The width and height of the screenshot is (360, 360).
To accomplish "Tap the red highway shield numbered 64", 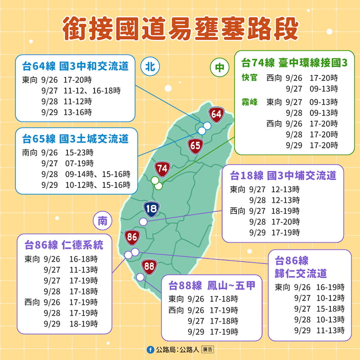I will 216,114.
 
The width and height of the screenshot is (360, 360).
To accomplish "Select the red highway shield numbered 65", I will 195,146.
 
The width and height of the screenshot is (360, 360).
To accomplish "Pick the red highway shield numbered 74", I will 162,169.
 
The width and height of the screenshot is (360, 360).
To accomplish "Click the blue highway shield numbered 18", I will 151,208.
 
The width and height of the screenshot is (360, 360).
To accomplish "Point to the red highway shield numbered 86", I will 132,237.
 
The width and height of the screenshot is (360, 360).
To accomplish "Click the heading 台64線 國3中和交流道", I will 75,67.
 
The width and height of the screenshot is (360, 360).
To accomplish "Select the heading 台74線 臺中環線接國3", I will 294,63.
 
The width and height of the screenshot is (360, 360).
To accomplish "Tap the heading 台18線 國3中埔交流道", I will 283,175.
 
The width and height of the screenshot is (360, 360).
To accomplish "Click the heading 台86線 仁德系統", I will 63,245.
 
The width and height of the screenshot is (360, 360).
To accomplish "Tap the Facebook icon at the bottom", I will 150,349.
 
